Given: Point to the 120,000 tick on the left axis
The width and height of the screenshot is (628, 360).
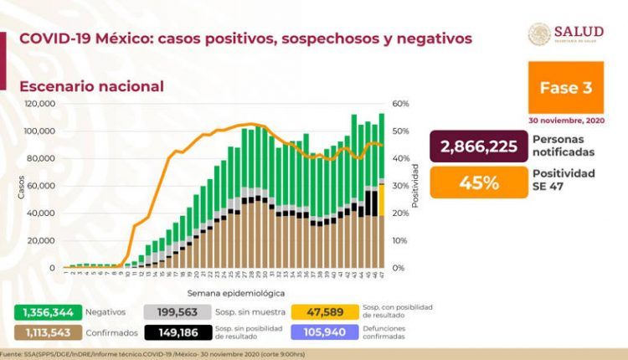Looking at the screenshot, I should pos(39,104).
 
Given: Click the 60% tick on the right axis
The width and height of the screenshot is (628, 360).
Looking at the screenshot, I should pos(399,104).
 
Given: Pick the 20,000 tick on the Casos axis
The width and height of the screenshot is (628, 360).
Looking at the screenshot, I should pos(42,240).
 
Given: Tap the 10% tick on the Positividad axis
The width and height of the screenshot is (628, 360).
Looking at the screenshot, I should pos(399,240).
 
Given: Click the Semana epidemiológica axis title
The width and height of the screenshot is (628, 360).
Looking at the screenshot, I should pos(222,294).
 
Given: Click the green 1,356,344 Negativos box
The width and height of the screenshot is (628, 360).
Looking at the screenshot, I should pos(44,311).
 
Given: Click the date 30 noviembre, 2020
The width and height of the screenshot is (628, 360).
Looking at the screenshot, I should pos(568,120).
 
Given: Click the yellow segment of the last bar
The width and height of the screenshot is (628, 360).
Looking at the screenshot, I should pos(382,199).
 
